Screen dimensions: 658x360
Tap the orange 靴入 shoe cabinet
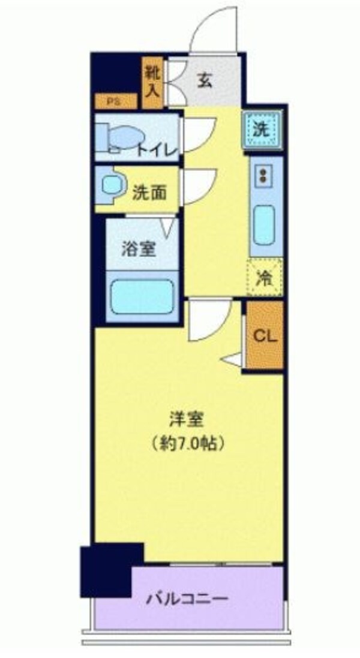click(x=152, y=82)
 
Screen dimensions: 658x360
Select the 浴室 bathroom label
click(x=139, y=249)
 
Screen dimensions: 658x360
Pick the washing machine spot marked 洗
click(x=261, y=130)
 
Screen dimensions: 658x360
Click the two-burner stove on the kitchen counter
click(x=262, y=176)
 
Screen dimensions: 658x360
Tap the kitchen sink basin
click(x=263, y=223)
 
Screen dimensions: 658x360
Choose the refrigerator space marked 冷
click(x=263, y=278)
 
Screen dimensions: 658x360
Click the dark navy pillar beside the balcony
click(x=112, y=569)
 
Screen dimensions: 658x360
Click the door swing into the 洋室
click(x=207, y=319)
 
